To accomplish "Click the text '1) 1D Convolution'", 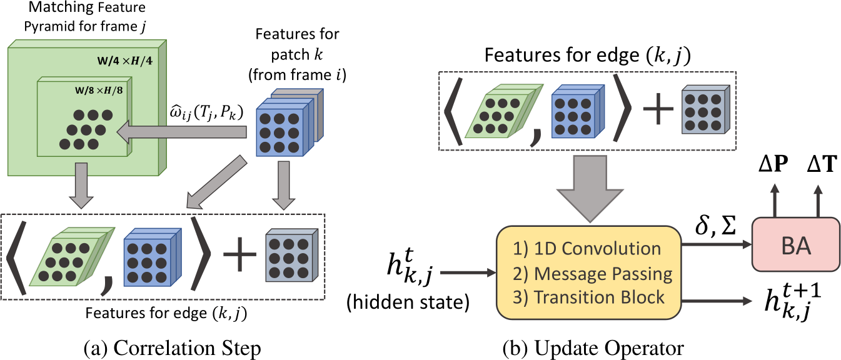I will click(x=588, y=249).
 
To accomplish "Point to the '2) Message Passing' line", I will click(x=592, y=273).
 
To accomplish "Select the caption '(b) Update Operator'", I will click(x=592, y=347).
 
